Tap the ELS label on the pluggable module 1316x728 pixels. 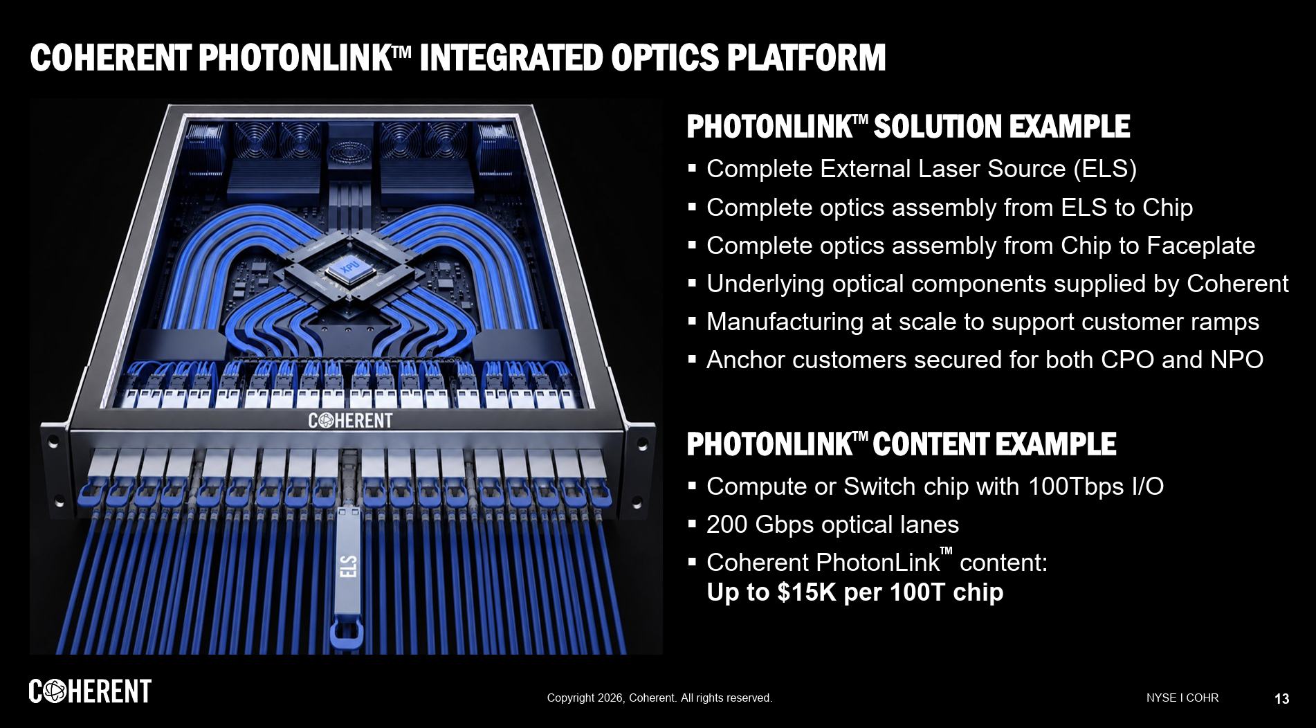pyautogui.click(x=349, y=565)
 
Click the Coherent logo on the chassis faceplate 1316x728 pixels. pyautogui.click(x=350, y=420)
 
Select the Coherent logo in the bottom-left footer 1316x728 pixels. pyautogui.click(x=90, y=691)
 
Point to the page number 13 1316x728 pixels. pyautogui.click(x=1281, y=699)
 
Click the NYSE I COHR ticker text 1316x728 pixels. pyautogui.click(x=1182, y=698)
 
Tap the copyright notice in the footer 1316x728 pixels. pyautogui.click(x=659, y=698)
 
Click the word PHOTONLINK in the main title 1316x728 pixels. pyautogui.click(x=295, y=57)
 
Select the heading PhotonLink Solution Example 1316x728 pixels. pyautogui.click(x=908, y=127)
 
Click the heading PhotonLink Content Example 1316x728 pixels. pyautogui.click(x=901, y=444)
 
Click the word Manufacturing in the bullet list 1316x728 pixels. pyautogui.click(x=785, y=322)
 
